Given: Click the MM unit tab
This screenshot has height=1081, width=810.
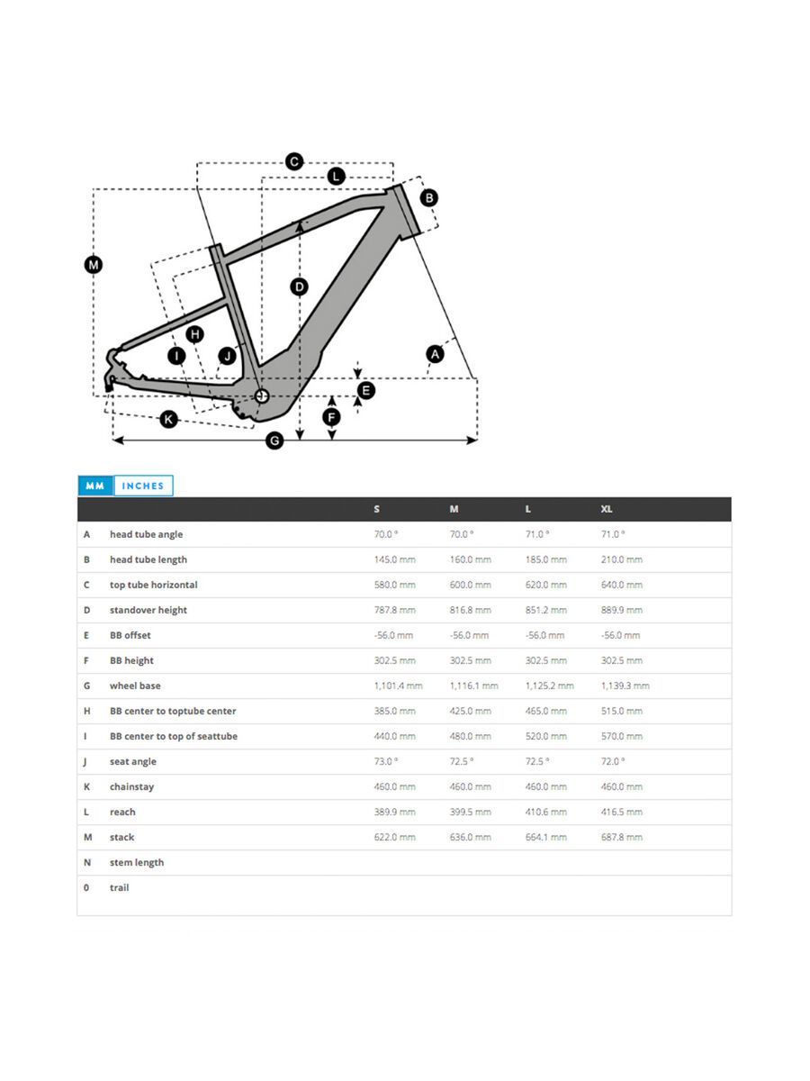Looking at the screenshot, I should coord(95,486).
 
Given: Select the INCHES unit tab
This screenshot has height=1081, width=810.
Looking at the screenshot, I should coord(143,486).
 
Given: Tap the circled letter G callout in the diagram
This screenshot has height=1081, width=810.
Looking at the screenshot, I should coord(275,441).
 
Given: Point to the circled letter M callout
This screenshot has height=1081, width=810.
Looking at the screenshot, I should coord(94,265).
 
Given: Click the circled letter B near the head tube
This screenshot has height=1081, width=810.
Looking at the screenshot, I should coord(429,197).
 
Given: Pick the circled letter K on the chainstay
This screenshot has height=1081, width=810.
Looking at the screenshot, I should coord(168,419).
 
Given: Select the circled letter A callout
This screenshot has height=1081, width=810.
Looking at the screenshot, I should coord(435,354).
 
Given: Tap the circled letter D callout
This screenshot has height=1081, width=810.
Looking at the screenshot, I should coord(299,286).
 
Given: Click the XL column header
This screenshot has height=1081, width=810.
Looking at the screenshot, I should coord(607,509).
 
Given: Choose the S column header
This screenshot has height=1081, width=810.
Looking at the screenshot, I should coord(377,509).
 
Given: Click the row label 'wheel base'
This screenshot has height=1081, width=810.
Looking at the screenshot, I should coord(135,686).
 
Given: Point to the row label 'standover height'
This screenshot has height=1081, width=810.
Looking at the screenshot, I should coord(148,610).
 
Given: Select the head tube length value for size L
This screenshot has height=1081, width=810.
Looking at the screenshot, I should coord(545,559).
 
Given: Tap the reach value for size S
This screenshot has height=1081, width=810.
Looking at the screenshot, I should coord(394,812).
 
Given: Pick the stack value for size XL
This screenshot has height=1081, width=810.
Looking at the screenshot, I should coord(621,837).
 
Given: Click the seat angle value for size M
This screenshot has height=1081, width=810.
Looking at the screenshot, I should coord(461,761).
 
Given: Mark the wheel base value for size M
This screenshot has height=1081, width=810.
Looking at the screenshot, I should coord(473,686).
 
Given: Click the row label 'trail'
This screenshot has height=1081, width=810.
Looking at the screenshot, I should coord(119,887).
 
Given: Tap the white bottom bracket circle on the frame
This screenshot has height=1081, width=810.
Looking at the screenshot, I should coord(262,395).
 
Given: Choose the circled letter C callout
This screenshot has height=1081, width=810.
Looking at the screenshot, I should coord(294,162).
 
